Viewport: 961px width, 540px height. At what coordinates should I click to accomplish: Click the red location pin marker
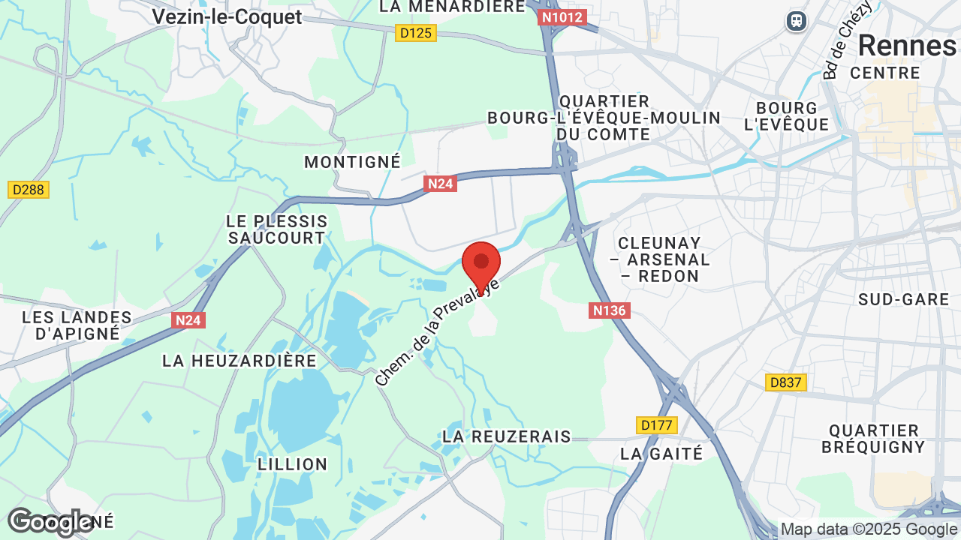(481, 264)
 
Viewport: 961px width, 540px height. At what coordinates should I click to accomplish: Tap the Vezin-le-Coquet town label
(227, 16)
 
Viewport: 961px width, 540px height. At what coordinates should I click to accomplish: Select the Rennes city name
(906, 46)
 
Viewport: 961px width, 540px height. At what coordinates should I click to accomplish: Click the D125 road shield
(416, 33)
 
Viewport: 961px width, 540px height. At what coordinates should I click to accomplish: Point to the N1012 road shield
(562, 17)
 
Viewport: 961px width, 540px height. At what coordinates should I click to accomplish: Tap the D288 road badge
(29, 190)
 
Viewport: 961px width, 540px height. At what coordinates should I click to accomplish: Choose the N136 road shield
(609, 310)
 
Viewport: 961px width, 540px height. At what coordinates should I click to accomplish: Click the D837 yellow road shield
(786, 382)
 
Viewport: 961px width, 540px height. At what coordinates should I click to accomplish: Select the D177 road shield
(656, 425)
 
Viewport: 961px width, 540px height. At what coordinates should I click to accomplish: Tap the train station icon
(796, 21)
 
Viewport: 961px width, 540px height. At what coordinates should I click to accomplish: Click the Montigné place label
(352, 162)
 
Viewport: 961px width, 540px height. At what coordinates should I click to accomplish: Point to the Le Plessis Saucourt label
(277, 229)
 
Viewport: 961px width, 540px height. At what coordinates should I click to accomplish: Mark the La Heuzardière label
(239, 361)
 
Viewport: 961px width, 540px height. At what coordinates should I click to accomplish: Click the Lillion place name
(292, 464)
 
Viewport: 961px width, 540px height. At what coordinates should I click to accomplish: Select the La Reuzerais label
(507, 436)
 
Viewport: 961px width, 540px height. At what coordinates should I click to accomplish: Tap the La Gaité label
(661, 454)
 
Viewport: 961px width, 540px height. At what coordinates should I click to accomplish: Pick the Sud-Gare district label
(904, 299)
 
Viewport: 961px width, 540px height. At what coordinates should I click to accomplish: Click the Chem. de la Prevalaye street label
(437, 331)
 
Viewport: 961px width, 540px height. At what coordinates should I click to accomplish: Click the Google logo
(50, 523)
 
